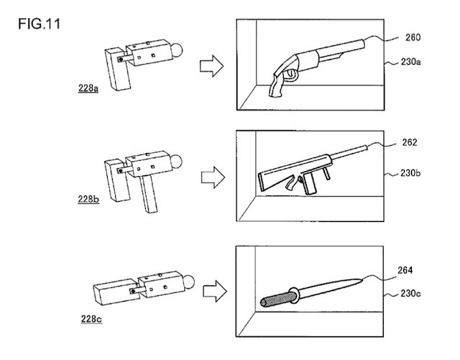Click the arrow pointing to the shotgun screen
[209, 66]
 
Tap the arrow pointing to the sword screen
[209, 293]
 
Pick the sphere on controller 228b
[175, 160]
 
